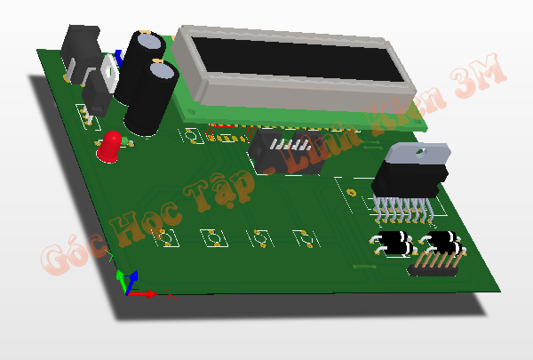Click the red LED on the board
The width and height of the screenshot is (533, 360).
(x=110, y=147)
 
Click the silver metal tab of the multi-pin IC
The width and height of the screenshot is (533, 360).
(x=418, y=156)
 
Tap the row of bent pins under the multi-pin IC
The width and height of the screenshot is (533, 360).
(x=402, y=212)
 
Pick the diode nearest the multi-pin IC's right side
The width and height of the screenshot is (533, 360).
(x=442, y=241)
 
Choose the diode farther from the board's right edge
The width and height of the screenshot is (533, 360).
(x=391, y=241)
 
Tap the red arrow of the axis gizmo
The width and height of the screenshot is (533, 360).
(x=147, y=292)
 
